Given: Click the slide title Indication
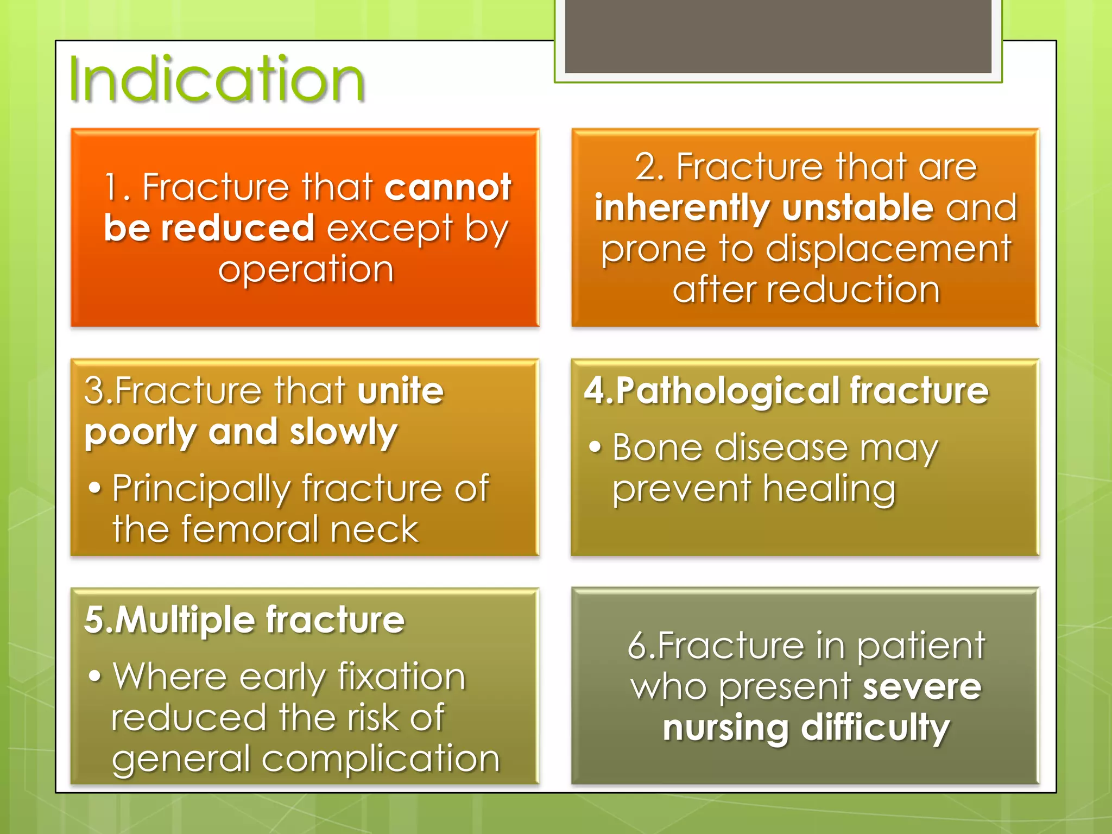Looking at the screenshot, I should pos(217,80).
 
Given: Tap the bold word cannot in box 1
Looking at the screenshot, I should pos(448,187).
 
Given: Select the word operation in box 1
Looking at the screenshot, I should pos(306,269).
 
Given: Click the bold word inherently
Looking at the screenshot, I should pos(682,208).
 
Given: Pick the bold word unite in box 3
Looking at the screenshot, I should pos(401,391).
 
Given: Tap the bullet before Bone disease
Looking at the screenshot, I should pos(596,447).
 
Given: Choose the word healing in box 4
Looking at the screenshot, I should pos(829,489).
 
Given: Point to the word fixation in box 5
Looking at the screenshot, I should pos(401,677).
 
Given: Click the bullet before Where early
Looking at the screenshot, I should pos(95,677).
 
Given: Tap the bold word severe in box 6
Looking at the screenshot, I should pos(922,686).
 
